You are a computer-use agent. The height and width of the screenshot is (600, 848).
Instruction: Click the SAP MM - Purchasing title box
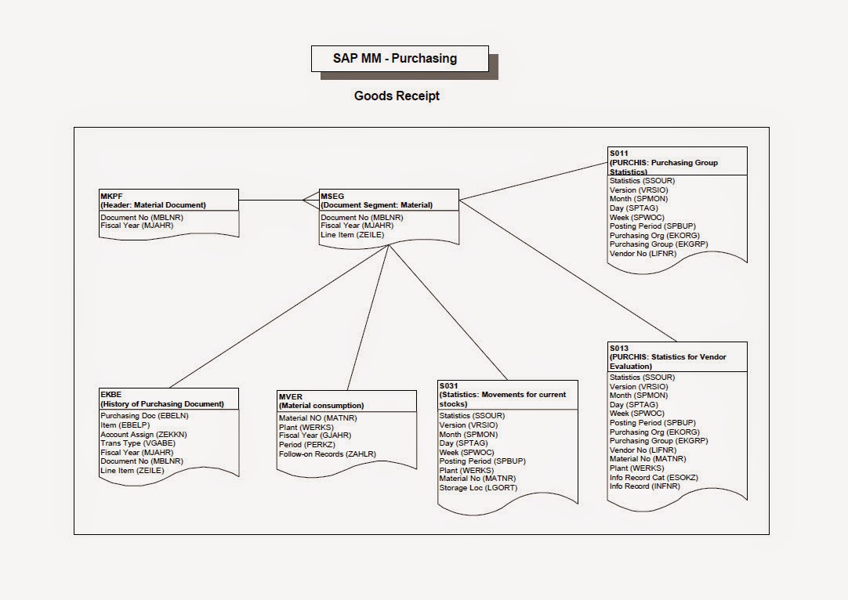pos(400,59)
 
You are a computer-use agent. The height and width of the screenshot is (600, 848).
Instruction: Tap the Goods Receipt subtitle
pos(397,96)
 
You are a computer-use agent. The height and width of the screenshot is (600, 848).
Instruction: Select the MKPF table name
pos(111,196)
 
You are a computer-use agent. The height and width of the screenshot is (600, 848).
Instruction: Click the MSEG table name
pos(331,196)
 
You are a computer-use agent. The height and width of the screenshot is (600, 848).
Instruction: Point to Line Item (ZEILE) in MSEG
pos(352,235)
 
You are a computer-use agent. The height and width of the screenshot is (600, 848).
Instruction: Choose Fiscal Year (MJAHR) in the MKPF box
pos(136,226)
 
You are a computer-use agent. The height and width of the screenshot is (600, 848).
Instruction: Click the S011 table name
pos(618,154)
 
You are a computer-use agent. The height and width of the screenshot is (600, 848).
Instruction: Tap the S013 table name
pos(618,348)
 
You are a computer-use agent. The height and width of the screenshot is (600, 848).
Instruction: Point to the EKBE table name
pos(111,395)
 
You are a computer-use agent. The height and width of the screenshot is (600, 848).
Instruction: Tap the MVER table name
pos(291,396)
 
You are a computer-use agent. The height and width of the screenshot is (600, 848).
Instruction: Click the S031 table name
pos(449,386)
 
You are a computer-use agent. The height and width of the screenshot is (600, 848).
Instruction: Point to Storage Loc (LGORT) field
pos(478,488)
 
